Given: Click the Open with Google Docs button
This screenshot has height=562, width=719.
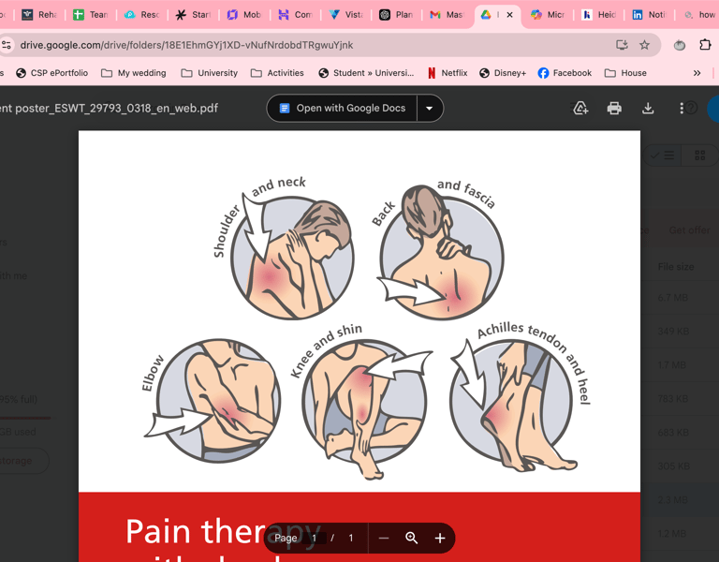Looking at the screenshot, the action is (x=342, y=109).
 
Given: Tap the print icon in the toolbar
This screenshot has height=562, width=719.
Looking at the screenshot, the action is (x=614, y=109).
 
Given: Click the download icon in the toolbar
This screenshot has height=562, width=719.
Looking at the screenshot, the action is (x=648, y=109).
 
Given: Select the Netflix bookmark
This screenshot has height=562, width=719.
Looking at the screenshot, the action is (x=447, y=73).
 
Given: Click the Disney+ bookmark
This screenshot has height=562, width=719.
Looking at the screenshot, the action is (x=503, y=73).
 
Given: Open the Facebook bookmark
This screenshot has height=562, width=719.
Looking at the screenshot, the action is (x=565, y=73).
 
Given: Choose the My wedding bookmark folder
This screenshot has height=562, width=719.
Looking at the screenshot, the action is (x=133, y=73).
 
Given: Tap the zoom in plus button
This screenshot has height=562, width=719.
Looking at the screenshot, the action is (x=440, y=538).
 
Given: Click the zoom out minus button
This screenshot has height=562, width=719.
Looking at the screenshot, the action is (x=384, y=538).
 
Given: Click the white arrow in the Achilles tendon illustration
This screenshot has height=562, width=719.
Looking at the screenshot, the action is (x=468, y=371).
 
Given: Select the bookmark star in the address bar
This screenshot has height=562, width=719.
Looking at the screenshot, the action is (x=644, y=45).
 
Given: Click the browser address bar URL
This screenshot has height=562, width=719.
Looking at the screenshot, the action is (x=187, y=45).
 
